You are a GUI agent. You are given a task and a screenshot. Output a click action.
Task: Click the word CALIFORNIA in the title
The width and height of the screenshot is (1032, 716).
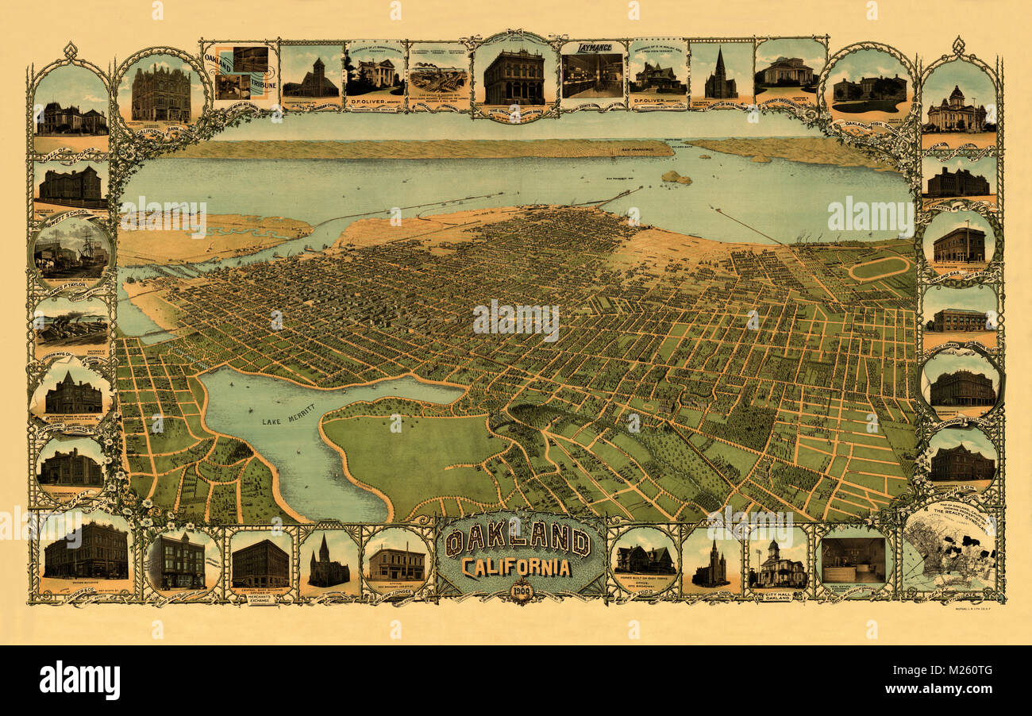pos(516,568)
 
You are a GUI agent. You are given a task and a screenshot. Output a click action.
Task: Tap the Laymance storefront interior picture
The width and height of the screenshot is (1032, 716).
pos(591,75)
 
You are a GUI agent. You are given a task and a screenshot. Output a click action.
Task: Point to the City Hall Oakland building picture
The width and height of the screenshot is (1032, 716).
pos(776,565)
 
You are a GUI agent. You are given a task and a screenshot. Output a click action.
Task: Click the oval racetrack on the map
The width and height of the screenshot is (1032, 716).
pos(879,268)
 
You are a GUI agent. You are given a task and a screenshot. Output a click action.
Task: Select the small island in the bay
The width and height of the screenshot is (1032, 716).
pos(676,178)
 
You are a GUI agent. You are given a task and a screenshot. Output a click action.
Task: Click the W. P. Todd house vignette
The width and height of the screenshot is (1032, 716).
pos(644,560)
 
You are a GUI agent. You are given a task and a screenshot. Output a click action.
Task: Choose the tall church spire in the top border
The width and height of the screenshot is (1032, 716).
pos(721,75)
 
